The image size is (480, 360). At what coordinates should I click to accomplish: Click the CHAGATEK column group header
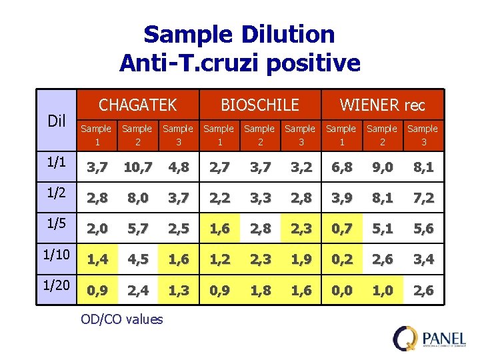click(x=137, y=105)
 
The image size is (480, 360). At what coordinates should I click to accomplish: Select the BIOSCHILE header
click(x=259, y=105)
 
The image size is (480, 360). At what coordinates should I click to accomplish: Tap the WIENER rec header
click(x=382, y=105)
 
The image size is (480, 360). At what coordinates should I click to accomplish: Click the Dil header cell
click(x=56, y=121)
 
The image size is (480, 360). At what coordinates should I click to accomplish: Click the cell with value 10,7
click(x=137, y=168)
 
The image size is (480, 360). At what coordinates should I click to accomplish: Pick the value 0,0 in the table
click(x=341, y=291)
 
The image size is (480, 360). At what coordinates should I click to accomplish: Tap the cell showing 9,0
click(x=382, y=168)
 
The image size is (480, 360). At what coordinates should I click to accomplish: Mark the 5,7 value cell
click(x=137, y=229)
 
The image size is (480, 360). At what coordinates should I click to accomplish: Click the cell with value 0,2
click(x=341, y=260)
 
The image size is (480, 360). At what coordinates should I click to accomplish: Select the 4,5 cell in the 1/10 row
click(x=137, y=260)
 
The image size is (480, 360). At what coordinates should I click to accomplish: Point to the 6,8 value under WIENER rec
click(x=341, y=168)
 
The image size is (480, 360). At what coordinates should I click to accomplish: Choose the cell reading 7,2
click(x=423, y=199)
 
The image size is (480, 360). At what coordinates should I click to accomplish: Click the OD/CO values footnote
click(x=121, y=319)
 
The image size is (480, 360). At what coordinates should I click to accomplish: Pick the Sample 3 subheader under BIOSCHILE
click(x=300, y=135)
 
